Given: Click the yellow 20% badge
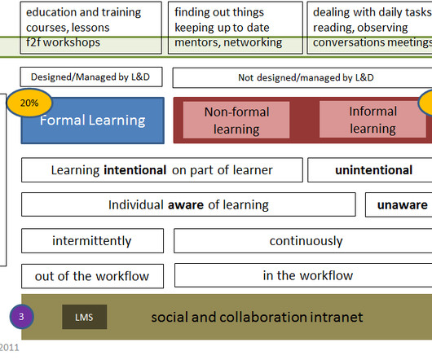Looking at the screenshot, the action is point(29,103).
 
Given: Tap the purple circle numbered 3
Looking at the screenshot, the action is point(22,317).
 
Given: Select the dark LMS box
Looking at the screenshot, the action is point(84,317).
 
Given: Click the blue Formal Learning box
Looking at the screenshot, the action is point(93,121).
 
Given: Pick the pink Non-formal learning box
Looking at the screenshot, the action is point(236,120).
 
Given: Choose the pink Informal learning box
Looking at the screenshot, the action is point(372,120).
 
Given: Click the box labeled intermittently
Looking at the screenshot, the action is point(92,241).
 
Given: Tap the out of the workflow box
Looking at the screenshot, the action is point(92,276).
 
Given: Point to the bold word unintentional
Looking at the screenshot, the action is point(373,169).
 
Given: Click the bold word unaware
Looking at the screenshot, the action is point(402,204).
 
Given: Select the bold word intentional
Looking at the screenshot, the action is point(135,170).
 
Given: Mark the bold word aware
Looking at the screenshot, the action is point(186,204).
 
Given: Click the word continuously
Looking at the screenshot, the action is point(306,241).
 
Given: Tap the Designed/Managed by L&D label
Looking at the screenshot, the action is point(90,77).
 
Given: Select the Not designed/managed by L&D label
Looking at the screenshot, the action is point(306,77).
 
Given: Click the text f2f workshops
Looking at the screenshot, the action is point(63,42).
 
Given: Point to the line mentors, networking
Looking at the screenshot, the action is point(228,42).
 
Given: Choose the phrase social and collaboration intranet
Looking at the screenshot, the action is point(257,317).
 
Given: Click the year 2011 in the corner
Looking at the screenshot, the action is point(9,348).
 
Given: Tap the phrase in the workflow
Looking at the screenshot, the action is point(308,275).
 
